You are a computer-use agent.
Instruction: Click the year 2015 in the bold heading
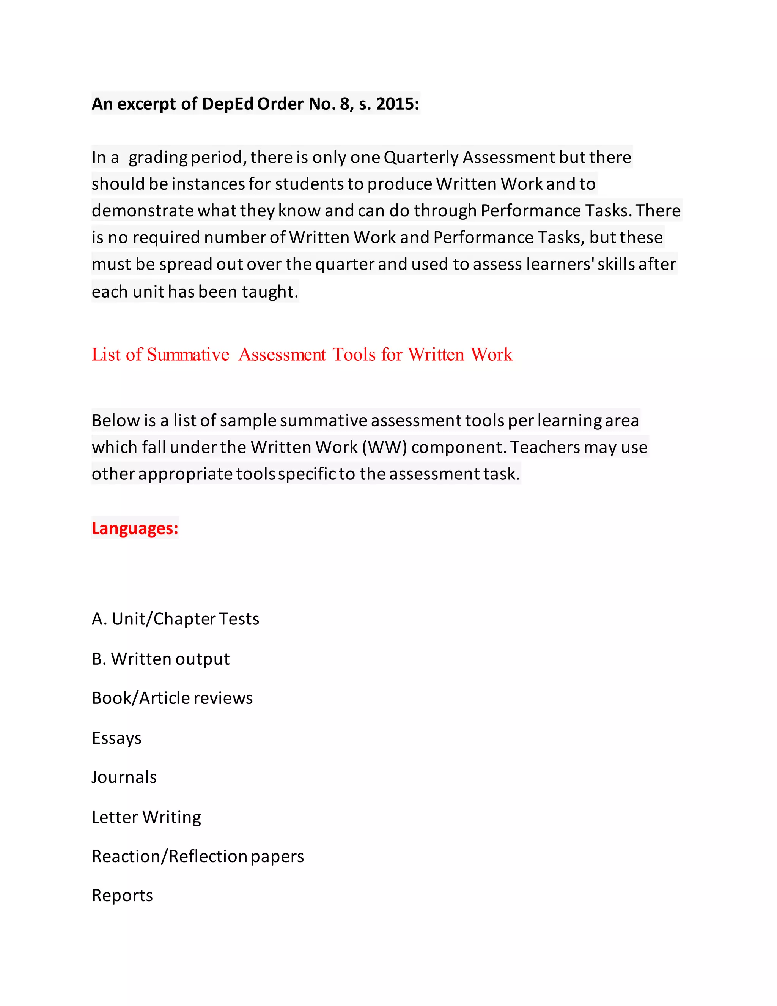[x=397, y=104]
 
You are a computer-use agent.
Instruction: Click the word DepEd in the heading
[x=227, y=104]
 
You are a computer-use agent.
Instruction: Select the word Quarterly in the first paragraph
[x=421, y=158]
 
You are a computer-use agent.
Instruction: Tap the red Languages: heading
[x=135, y=528]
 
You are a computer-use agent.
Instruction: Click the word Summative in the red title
[x=188, y=355]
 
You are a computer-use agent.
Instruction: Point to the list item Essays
[x=116, y=738]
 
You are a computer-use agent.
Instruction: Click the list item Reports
[x=122, y=896]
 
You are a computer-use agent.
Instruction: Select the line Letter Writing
[x=146, y=817]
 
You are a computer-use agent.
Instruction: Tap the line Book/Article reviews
[x=172, y=698]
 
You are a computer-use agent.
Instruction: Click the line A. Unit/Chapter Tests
[x=175, y=619]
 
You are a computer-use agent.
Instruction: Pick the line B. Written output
[x=160, y=659]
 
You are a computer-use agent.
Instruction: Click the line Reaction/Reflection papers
[x=197, y=856]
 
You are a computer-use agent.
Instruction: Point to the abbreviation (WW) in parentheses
[x=384, y=447]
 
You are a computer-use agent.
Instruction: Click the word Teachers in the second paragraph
[x=545, y=447]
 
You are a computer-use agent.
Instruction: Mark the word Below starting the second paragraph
[x=116, y=421]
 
